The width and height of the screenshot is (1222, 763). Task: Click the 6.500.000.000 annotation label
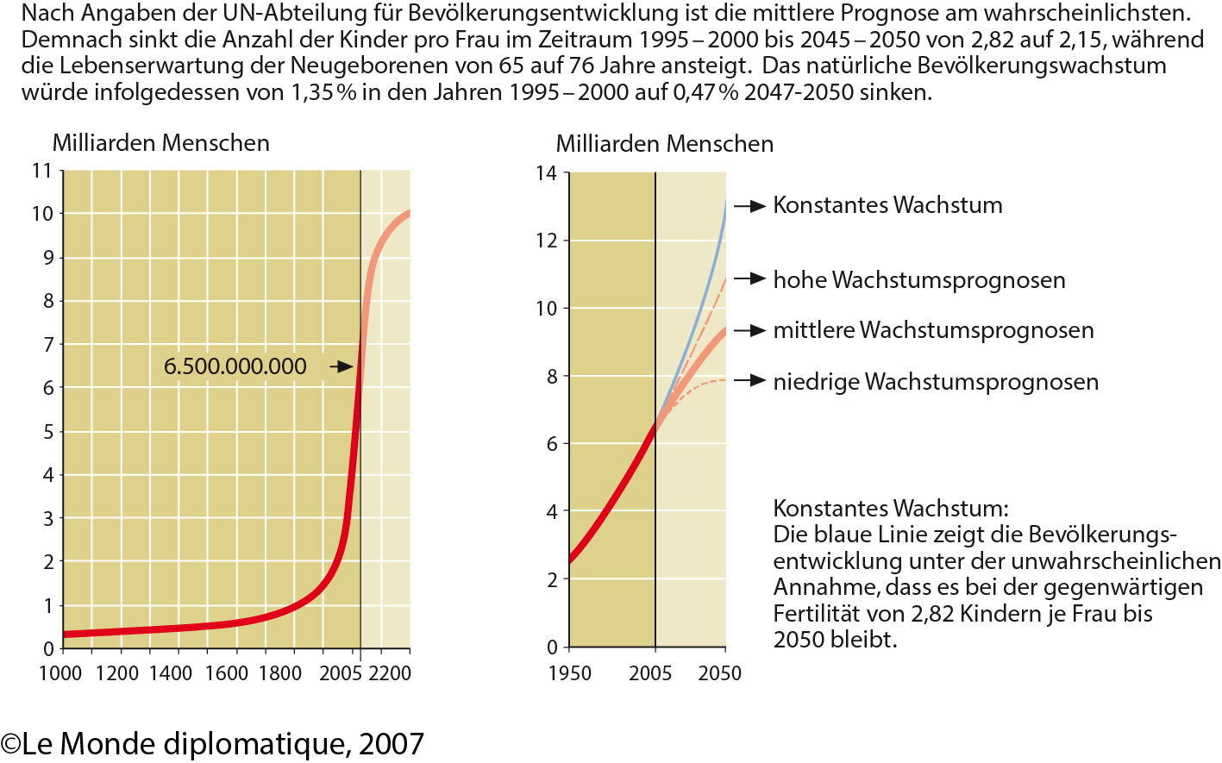pyautogui.click(x=235, y=366)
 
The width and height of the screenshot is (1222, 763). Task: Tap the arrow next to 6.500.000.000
pyautogui.click(x=342, y=366)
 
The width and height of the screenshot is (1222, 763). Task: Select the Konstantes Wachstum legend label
pyautogui.click(x=887, y=205)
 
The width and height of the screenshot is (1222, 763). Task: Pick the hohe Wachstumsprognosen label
pyautogui.click(x=918, y=280)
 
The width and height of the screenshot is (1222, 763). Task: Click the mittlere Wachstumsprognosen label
pyautogui.click(x=933, y=330)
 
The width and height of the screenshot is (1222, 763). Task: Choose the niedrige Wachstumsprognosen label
pyautogui.click(x=936, y=382)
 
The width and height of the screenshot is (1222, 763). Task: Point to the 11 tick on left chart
pyautogui.click(x=42, y=171)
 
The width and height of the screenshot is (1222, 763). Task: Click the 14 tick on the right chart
pyautogui.click(x=546, y=173)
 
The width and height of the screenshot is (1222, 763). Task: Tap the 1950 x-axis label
pyautogui.click(x=569, y=673)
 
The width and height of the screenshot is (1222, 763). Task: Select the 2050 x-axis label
pyautogui.click(x=720, y=673)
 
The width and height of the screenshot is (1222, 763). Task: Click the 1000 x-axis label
pyautogui.click(x=60, y=673)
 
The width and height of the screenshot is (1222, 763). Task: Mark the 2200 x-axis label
pyautogui.click(x=390, y=673)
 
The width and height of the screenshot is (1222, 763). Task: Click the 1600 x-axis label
pyautogui.click(x=226, y=673)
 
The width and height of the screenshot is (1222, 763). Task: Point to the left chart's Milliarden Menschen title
pyautogui.click(x=161, y=143)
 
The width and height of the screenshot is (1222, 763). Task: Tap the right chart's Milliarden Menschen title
pyautogui.click(x=664, y=144)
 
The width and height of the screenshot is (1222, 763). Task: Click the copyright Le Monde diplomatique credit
pyautogui.click(x=213, y=744)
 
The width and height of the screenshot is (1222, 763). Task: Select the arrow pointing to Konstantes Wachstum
pyautogui.click(x=750, y=206)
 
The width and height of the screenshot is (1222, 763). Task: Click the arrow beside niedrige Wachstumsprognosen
pyautogui.click(x=750, y=381)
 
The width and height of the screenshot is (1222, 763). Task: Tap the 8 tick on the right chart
pyautogui.click(x=552, y=377)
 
